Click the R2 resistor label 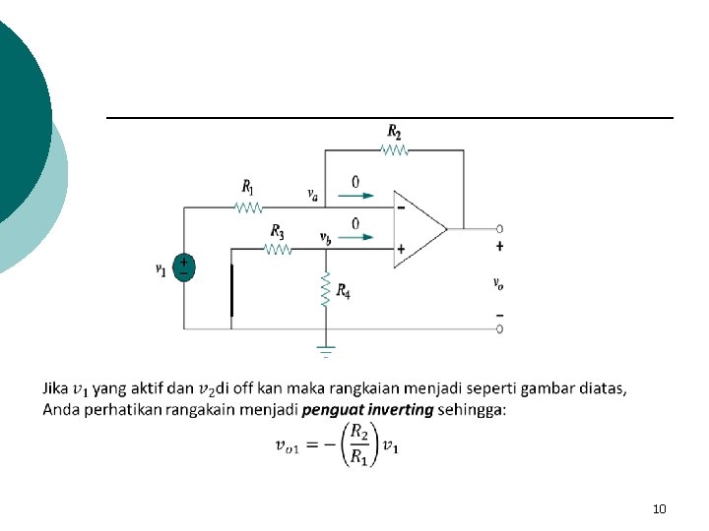point(394,131)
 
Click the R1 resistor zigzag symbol point(247,207)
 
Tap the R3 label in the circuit point(278,232)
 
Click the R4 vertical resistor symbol point(325,289)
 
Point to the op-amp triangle point(419,228)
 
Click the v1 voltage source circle point(184,267)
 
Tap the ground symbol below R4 point(325,348)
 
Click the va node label point(312,194)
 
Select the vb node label point(325,236)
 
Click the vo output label point(498,283)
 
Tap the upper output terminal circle point(500,228)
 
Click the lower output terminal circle point(500,328)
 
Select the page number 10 point(660,508)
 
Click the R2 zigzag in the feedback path point(394,150)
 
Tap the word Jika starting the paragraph point(55,388)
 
